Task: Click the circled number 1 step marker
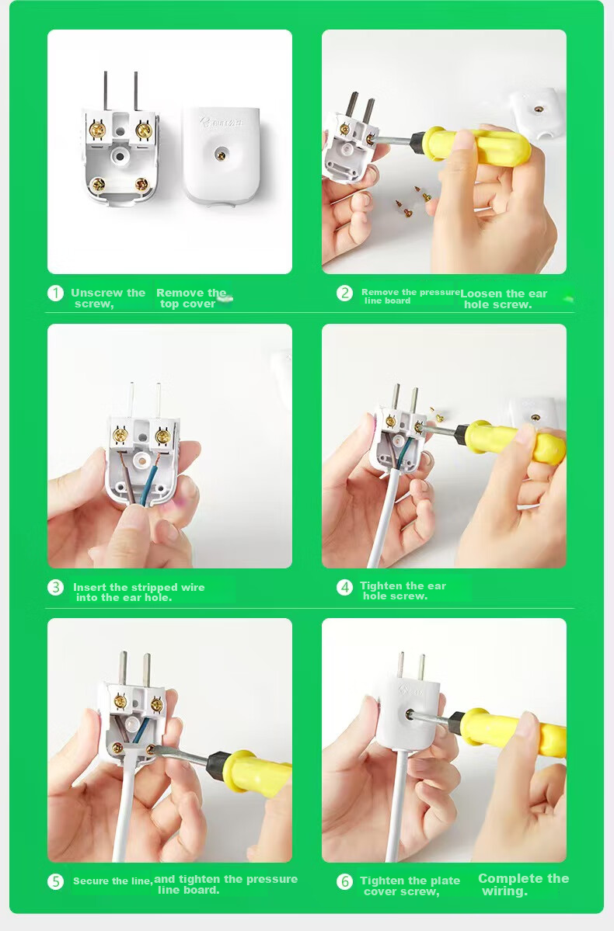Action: (55, 294)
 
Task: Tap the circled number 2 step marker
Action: (344, 293)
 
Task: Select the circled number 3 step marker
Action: (55, 587)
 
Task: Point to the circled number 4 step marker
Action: (344, 587)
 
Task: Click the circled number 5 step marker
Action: (55, 881)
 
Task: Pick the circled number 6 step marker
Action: (344, 881)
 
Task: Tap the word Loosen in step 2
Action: (481, 294)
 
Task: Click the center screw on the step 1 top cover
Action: (221, 155)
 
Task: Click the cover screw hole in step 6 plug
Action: (410, 714)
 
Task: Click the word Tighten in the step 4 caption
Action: (381, 586)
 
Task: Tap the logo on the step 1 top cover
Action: (222, 123)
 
